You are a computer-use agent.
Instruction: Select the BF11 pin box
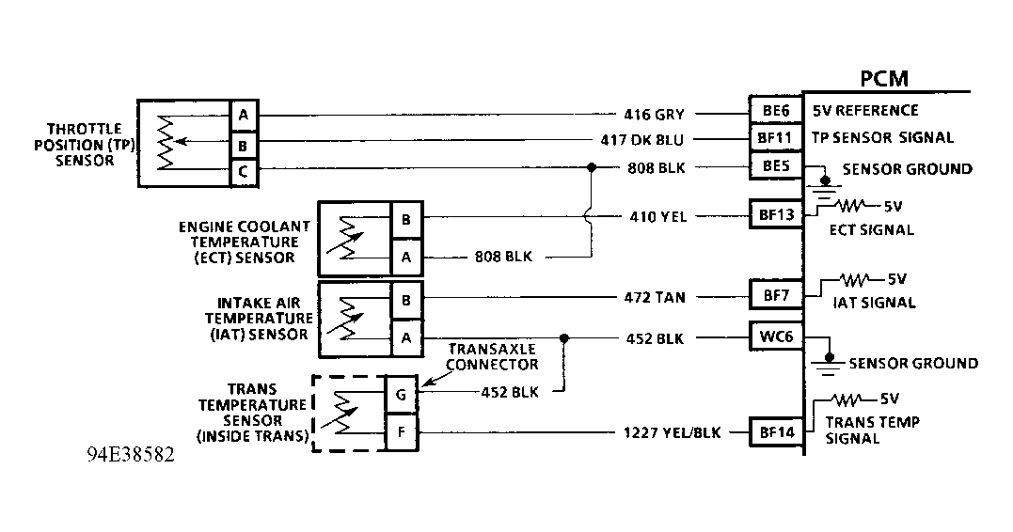coord(775,140)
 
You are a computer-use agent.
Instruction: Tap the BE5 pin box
coord(775,167)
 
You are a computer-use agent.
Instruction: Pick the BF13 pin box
coord(775,215)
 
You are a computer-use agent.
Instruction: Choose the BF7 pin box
coord(775,296)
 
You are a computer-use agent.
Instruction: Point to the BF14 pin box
coord(775,432)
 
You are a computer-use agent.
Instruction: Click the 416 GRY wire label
coord(654,114)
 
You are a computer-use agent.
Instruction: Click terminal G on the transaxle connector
coord(400,395)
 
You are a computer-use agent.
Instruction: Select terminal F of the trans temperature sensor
coord(400,432)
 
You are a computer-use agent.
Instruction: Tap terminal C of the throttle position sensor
coord(244,170)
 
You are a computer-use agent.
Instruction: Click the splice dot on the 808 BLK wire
coord(591,168)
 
